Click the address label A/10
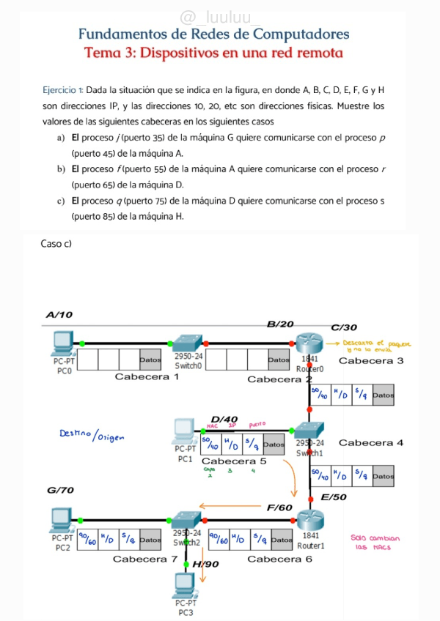click(59, 315)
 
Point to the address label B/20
click(279, 324)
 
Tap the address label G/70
click(60, 490)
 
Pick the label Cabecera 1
click(147, 376)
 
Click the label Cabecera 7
click(145, 559)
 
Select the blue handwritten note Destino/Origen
click(92, 436)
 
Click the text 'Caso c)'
click(56, 243)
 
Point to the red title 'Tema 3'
click(213, 53)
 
